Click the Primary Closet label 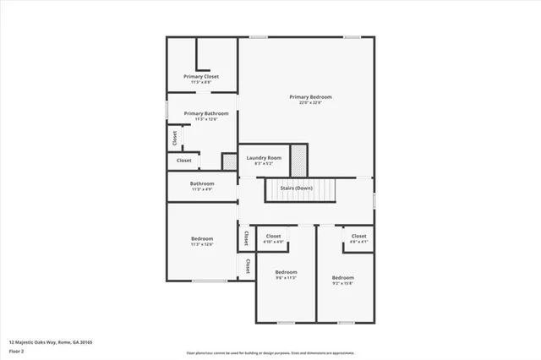coord(201,76)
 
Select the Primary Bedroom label coord(310,97)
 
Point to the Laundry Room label coord(263,158)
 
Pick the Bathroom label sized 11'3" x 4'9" coord(201,183)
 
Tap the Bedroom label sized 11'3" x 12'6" coord(202,238)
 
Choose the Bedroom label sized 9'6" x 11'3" coord(286,272)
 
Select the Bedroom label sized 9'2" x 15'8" coord(342,277)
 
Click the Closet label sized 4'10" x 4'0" coord(274,236)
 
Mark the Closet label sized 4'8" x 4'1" coord(359,236)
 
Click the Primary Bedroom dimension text coord(310,103)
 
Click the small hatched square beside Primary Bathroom coord(228,161)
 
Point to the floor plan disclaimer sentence coord(270,352)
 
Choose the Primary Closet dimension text coord(201,82)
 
